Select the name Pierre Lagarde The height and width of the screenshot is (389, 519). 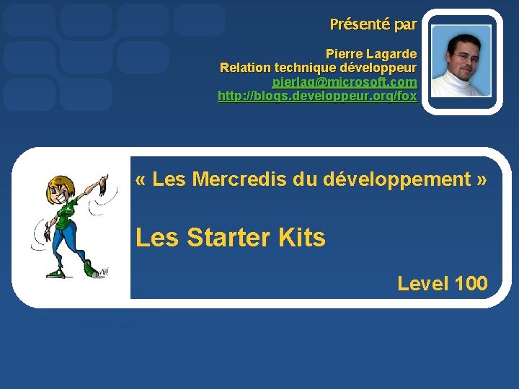click(x=371, y=54)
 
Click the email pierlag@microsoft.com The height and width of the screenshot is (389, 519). click(x=345, y=82)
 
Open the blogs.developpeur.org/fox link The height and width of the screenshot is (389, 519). click(x=317, y=96)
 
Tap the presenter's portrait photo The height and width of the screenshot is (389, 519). click(x=461, y=61)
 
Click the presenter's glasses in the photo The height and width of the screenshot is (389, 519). click(x=463, y=55)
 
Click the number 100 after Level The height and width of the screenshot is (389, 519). click(x=472, y=284)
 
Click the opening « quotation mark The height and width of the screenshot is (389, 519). click(x=141, y=179)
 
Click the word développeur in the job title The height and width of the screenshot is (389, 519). click(x=382, y=68)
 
